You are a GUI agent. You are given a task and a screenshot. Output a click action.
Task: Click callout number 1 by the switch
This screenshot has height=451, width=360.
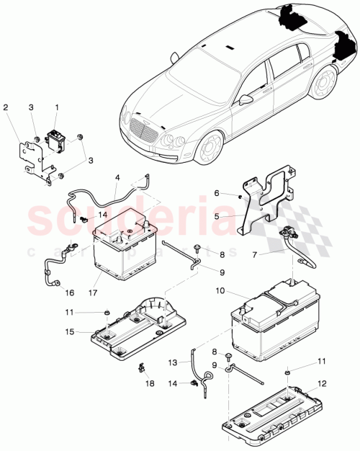click(56, 107)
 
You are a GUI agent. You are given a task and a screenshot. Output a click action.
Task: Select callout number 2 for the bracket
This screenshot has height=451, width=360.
click(6, 107)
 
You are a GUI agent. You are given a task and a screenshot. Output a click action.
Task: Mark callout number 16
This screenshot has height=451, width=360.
click(68, 293)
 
